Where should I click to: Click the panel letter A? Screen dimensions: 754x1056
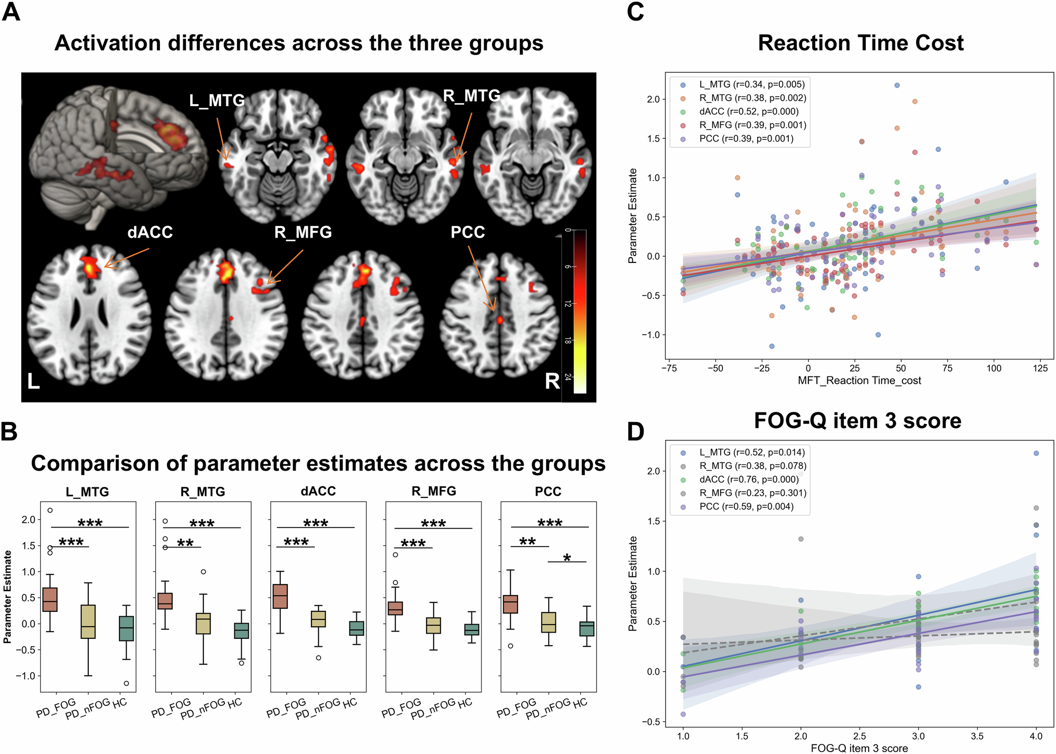11,12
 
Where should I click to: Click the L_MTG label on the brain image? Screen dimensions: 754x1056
217,100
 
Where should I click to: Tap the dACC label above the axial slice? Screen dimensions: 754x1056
150,232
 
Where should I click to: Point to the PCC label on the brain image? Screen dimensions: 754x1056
467,232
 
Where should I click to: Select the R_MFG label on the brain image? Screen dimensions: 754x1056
303,232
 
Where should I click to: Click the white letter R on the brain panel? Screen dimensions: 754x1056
552,381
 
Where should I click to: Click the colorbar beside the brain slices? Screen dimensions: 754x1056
580,312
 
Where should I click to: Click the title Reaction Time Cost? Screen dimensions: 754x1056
860,43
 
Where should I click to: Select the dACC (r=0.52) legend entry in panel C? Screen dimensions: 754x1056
748,111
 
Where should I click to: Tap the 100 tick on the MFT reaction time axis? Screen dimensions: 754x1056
994,369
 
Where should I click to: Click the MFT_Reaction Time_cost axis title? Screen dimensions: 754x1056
859,381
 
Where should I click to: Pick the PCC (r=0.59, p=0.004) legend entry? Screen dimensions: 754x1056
746,507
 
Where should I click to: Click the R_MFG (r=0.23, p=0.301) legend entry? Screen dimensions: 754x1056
752,493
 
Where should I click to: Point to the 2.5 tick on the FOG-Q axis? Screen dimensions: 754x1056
860,736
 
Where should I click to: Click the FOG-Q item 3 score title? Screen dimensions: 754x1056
857,421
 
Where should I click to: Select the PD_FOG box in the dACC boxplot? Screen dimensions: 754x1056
280,596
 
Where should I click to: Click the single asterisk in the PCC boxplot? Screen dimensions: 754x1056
567,558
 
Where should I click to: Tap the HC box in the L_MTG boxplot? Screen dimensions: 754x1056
126,628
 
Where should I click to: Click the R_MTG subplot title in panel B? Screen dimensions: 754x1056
203,492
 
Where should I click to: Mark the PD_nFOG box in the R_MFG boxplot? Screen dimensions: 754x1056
433,626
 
